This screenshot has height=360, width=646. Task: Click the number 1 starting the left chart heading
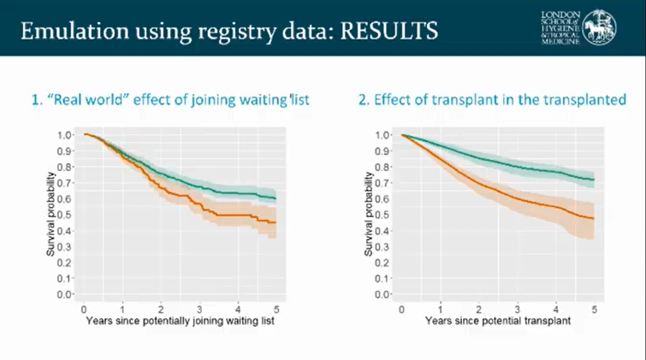point(36,100)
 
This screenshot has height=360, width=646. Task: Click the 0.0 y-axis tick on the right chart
point(382,294)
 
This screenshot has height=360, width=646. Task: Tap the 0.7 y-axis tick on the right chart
point(382,183)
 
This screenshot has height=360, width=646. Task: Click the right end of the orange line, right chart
point(593,218)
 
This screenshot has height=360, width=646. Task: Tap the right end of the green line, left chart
point(275,198)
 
